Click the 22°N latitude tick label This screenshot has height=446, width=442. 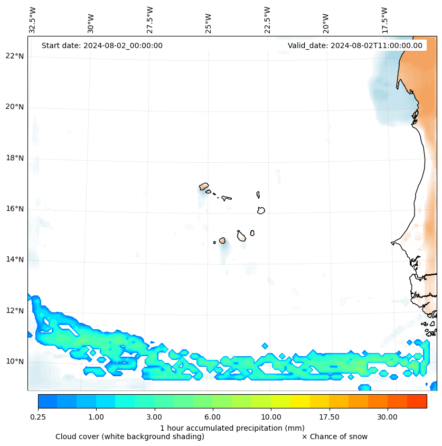click(15, 56)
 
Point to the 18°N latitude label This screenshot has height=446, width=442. click(15, 158)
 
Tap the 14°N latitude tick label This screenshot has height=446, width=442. click(15, 259)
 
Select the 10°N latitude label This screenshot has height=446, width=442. click(15, 361)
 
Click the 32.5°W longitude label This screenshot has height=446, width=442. click(33, 20)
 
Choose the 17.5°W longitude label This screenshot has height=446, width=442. click(384, 20)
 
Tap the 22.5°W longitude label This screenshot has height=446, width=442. click(267, 20)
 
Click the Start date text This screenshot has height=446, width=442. click(102, 45)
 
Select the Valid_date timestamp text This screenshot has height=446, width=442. click(355, 45)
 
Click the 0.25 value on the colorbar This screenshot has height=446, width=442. click(38, 417)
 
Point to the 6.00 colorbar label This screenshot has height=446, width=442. click(213, 417)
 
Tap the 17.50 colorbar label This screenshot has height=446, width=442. click(329, 417)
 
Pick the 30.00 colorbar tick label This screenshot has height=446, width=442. click(387, 417)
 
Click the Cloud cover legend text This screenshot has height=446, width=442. click(130, 436)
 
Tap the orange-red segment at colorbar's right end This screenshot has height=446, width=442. click(417, 401)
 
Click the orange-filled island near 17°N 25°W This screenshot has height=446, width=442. click(204, 187)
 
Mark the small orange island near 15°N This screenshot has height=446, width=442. click(222, 240)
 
